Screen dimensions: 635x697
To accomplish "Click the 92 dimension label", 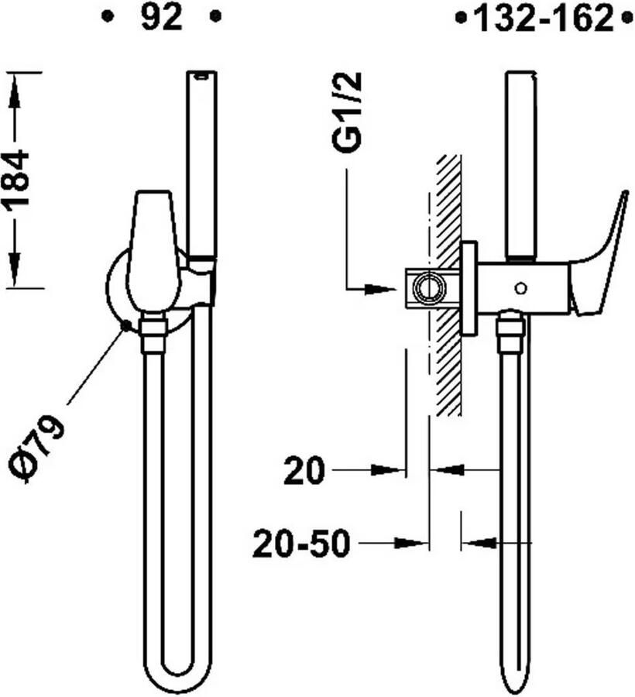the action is pyautogui.click(x=161, y=18).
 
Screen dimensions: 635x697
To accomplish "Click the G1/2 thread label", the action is pyautogui.click(x=347, y=113).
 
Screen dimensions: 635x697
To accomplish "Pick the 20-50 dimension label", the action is pyautogui.click(x=300, y=544).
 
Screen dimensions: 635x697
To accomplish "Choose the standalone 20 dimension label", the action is pyautogui.click(x=304, y=470).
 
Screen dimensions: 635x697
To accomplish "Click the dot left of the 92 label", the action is pyautogui.click(x=107, y=17).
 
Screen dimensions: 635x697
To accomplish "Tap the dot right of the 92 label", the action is pyautogui.click(x=216, y=17).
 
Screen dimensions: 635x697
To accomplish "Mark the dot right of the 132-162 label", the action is pyautogui.click(x=627, y=19).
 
